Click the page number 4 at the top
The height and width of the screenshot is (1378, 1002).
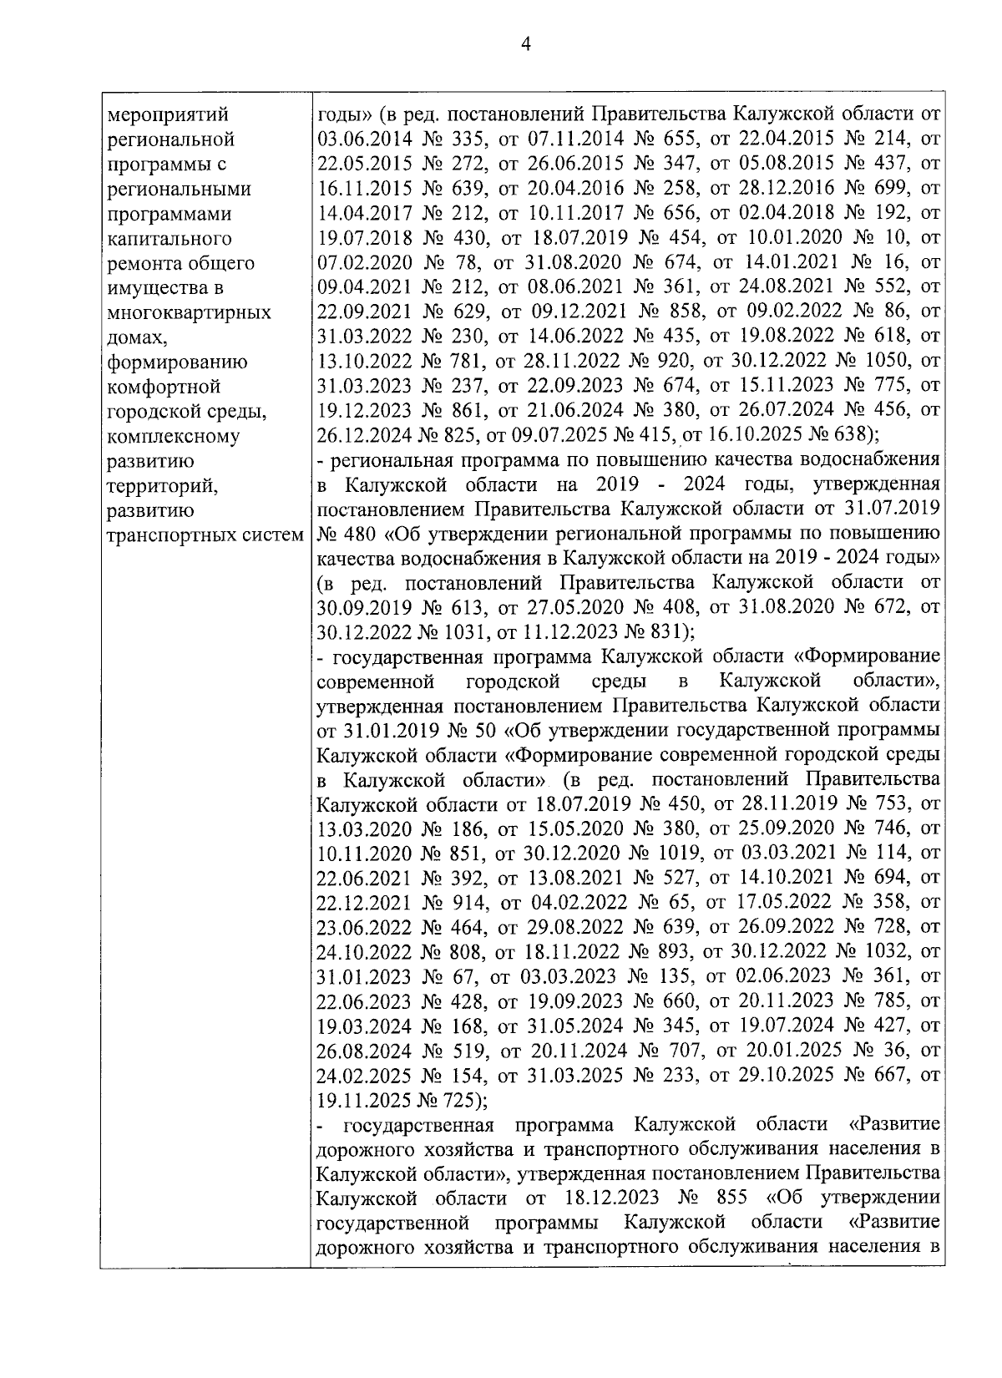click(525, 45)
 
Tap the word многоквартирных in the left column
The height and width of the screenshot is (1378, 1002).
click(190, 313)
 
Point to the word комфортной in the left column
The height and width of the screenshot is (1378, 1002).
click(164, 388)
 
